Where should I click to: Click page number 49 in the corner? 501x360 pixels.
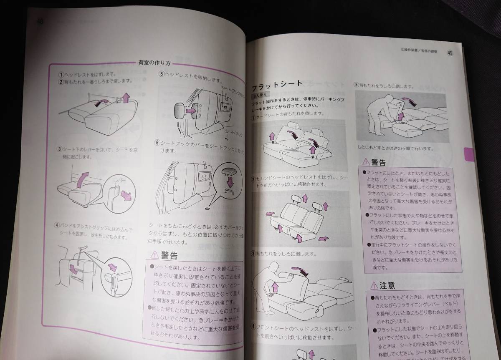click(450, 53)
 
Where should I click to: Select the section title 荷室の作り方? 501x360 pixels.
click(154, 63)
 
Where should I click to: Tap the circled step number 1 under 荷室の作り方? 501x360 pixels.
click(61, 74)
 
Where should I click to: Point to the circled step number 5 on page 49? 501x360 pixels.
click(357, 85)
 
